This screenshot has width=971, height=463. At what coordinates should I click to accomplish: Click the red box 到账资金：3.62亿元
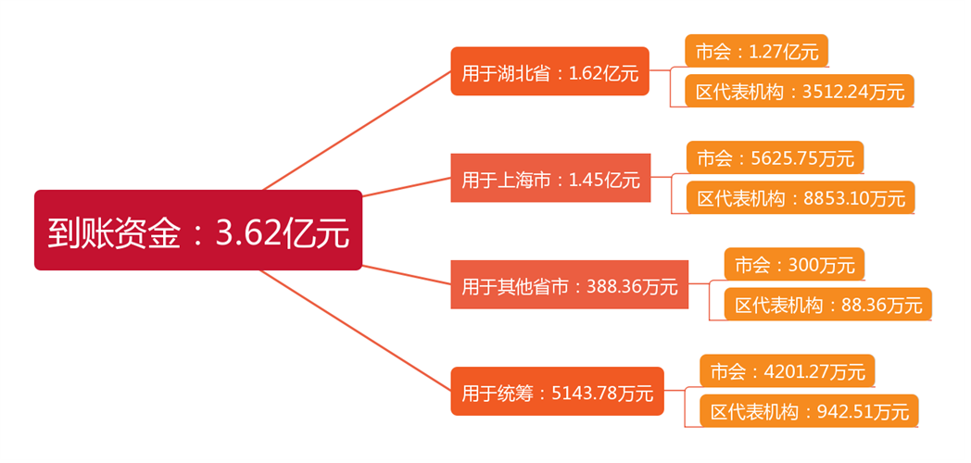(197, 230)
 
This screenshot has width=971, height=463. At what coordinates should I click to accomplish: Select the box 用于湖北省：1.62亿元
(549, 71)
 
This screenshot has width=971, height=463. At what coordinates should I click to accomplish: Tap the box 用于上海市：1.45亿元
(550, 179)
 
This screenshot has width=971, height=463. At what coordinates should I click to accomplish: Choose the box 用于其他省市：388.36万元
(569, 285)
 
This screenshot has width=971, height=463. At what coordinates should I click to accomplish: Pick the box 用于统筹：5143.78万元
(557, 392)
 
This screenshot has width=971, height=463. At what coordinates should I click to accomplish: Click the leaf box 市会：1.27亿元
(756, 51)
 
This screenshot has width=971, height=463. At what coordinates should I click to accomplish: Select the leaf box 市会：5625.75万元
(775, 157)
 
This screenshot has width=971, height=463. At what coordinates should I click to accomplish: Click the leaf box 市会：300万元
(794, 265)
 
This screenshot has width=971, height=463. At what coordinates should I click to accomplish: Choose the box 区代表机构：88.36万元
(828, 304)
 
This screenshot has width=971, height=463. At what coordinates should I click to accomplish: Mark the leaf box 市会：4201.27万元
(788, 371)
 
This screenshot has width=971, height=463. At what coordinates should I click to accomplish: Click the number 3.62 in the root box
(247, 231)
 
